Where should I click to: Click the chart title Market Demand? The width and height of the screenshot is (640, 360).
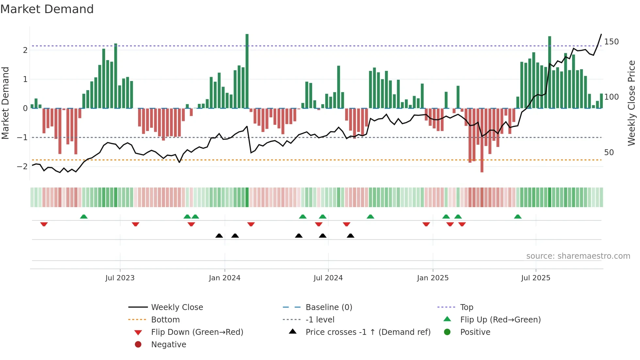pyautogui.click(x=47, y=9)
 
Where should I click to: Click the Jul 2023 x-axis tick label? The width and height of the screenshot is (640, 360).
pyautogui.click(x=120, y=278)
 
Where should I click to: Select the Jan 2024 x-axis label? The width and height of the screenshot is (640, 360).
pyautogui.click(x=225, y=278)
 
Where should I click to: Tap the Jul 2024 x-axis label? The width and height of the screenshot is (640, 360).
pyautogui.click(x=328, y=278)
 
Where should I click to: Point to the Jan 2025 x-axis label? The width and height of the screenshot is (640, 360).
pyautogui.click(x=433, y=278)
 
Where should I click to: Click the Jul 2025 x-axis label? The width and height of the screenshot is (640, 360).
pyautogui.click(x=536, y=278)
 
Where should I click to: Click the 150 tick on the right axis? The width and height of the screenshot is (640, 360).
pyautogui.click(x=611, y=42)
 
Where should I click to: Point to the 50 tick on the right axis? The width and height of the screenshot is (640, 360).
pyautogui.click(x=609, y=153)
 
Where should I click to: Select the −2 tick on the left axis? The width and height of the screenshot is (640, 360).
pyautogui.click(x=22, y=167)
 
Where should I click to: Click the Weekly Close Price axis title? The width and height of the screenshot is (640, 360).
pyautogui.click(x=632, y=103)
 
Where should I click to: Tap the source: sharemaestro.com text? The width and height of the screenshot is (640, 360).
pyautogui.click(x=578, y=256)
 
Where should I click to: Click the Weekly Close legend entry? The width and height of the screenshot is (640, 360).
pyautogui.click(x=177, y=307)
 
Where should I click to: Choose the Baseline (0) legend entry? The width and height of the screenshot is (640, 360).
pyautogui.click(x=329, y=307)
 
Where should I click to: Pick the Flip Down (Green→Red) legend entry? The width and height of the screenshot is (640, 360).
pyautogui.click(x=197, y=332)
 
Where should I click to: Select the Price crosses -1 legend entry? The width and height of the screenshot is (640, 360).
pyautogui.click(x=368, y=332)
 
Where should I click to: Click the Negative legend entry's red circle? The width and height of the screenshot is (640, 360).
pyautogui.click(x=138, y=345)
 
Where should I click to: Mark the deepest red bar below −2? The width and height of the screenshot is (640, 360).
pyautogui.click(x=482, y=140)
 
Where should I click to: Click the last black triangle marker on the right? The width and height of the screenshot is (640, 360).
pyautogui.click(x=350, y=236)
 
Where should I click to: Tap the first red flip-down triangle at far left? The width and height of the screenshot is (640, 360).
pyautogui.click(x=44, y=224)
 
